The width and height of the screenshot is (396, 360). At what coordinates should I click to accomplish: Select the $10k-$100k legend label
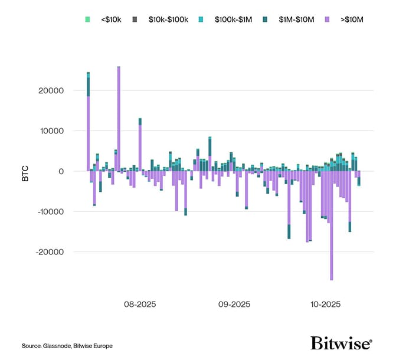pyautogui.click(x=169, y=19)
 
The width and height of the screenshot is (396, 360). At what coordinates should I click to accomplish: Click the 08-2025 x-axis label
pyautogui.click(x=140, y=305)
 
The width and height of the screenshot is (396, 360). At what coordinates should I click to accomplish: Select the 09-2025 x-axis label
pyautogui.click(x=234, y=305)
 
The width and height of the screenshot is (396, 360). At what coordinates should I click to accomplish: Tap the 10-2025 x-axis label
pyautogui.click(x=326, y=305)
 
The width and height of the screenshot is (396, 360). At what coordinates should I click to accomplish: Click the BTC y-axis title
pyautogui.click(x=25, y=172)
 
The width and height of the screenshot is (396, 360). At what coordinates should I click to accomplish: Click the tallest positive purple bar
pyautogui.click(x=119, y=118)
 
